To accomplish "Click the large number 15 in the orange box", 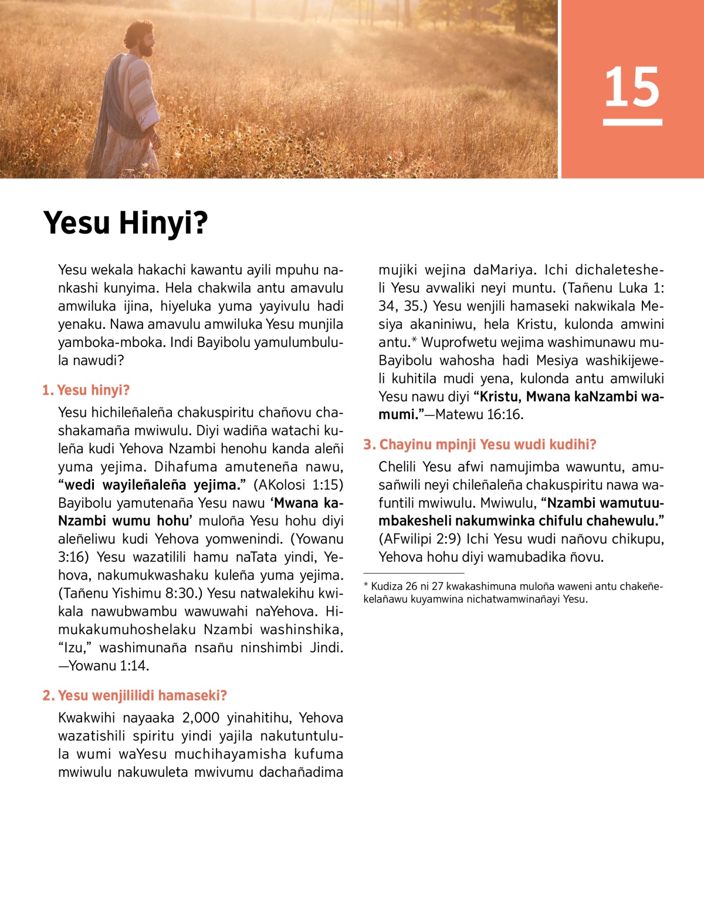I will pos(632,87).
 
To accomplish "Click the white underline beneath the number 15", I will pos(632,122).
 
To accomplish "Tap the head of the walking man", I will pos(140,39).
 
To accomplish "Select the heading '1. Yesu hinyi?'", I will pos(86,390).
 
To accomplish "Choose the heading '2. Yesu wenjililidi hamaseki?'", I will pos(134,696).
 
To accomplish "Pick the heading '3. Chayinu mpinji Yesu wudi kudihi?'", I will pos(479,444).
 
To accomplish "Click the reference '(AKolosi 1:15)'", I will pos(298,485).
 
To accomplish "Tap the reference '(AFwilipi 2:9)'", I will pos(419,539).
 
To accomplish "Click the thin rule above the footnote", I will pos(414,572).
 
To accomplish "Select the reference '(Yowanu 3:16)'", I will pos(317,539).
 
